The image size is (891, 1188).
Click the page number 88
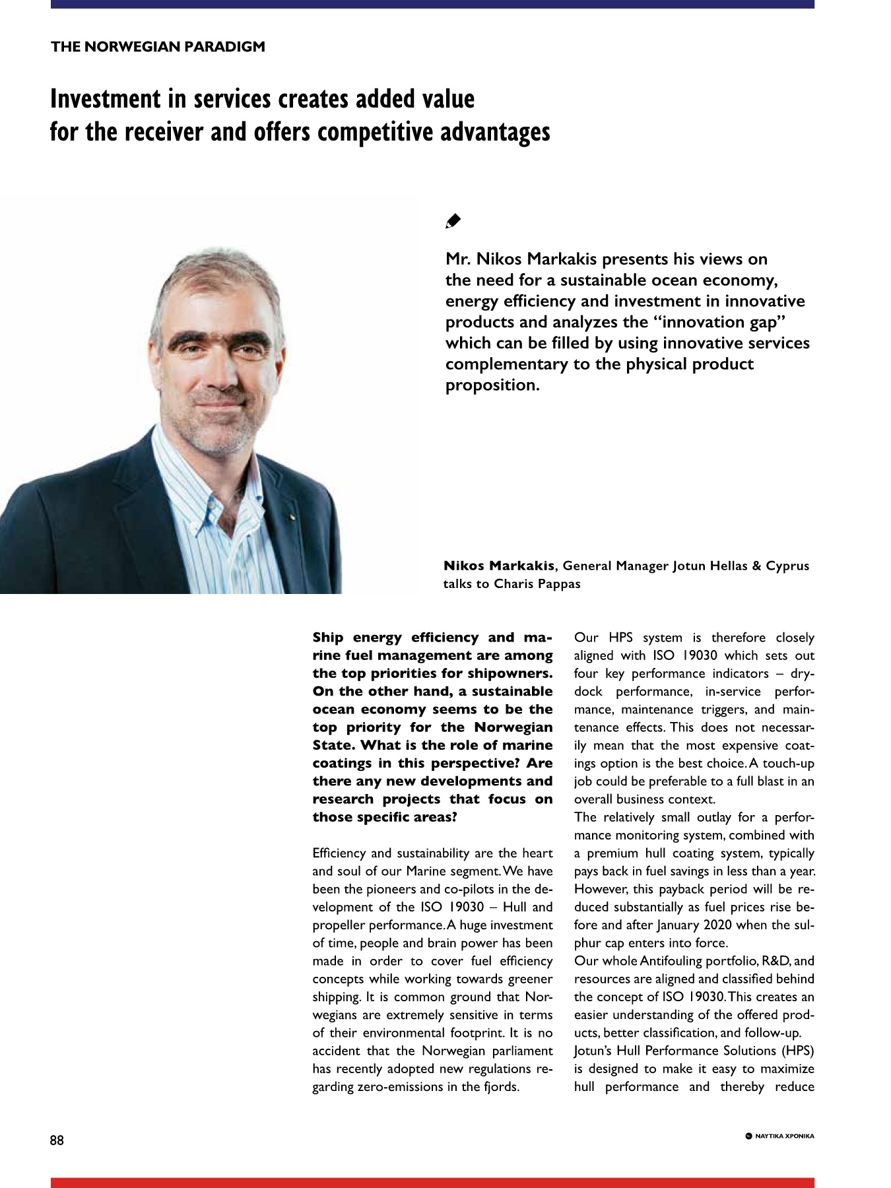(x=57, y=1140)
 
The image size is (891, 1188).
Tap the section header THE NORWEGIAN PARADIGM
(x=158, y=47)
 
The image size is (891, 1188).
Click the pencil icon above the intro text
(x=453, y=221)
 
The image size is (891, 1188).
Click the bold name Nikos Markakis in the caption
(x=499, y=566)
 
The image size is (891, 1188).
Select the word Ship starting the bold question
(x=328, y=638)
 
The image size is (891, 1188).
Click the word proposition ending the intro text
(x=492, y=385)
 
